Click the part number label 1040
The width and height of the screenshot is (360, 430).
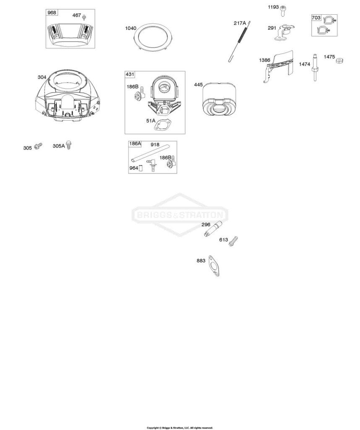click(130, 28)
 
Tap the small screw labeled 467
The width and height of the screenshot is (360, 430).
click(84, 17)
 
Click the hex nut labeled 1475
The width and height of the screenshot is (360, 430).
click(340, 60)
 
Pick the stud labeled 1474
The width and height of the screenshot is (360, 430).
click(316, 68)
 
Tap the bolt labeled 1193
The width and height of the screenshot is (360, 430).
click(283, 11)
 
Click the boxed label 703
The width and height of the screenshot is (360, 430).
click(316, 18)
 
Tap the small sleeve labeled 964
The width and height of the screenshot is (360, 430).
click(141, 168)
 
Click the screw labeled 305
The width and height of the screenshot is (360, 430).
click(38, 146)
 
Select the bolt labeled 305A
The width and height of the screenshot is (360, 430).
click(69, 145)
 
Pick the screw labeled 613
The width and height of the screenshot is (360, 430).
click(233, 241)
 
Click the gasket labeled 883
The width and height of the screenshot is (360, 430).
click(214, 266)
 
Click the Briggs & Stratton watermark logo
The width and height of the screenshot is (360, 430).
click(180, 215)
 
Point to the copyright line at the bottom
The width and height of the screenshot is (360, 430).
click(180, 428)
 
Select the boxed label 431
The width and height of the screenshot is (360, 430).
click(130, 74)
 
